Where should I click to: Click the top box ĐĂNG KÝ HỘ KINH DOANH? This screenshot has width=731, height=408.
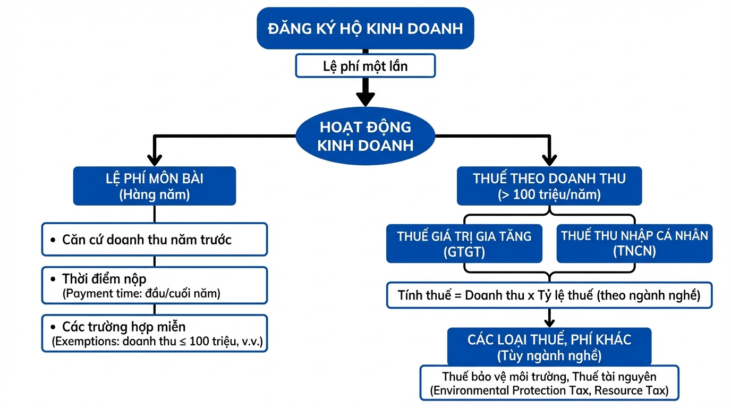point(365,28)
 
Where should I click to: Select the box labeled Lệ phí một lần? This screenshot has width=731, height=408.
point(365,66)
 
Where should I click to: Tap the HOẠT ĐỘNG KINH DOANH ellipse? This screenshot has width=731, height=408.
point(365,136)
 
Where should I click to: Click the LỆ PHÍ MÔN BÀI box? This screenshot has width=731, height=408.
point(154,186)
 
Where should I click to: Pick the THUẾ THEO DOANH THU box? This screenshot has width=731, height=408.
point(549,186)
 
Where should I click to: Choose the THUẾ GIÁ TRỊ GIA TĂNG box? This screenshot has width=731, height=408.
point(464,243)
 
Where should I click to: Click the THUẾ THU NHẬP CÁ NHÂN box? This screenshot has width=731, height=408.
point(634,243)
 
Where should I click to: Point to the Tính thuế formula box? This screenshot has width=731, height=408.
point(549,295)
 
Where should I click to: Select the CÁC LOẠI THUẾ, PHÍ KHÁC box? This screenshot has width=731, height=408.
point(549,346)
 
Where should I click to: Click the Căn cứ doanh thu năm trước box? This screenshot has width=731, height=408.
point(154,240)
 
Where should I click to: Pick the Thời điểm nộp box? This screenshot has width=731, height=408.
point(154,285)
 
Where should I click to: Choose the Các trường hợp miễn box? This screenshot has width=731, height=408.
point(154,333)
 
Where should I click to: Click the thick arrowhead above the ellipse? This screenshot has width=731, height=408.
point(365,98)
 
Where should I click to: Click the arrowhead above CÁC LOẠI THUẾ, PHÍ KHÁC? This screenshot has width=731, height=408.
point(549,321)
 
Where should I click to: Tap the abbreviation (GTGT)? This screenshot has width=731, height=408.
point(464,252)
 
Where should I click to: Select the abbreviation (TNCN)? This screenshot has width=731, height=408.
point(634,252)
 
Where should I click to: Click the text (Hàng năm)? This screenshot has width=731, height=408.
point(154,195)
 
